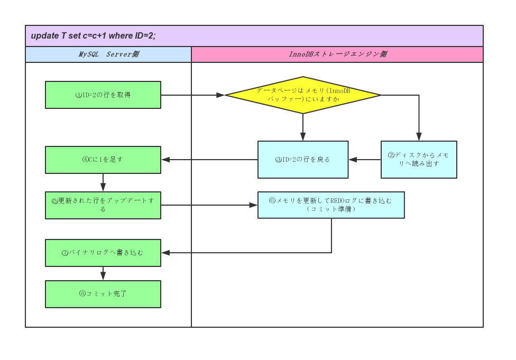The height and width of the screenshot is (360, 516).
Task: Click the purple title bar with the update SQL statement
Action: click(x=254, y=36)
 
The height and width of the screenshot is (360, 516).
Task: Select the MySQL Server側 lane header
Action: click(x=108, y=54)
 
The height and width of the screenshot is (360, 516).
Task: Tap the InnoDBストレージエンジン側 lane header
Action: click(x=337, y=54)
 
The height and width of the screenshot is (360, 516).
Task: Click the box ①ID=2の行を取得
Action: click(x=103, y=95)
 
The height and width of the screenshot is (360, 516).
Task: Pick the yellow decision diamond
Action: click(x=303, y=95)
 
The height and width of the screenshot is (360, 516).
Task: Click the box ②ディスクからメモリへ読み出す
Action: click(x=419, y=160)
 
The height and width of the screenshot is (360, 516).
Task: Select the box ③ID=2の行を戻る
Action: click(x=303, y=160)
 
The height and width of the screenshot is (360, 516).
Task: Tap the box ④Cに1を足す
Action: click(x=103, y=160)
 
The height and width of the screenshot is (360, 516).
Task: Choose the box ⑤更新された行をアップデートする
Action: click(x=103, y=205)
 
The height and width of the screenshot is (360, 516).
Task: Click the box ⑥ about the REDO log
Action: click(x=331, y=205)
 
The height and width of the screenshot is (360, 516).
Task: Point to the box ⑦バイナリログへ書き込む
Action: click(x=103, y=253)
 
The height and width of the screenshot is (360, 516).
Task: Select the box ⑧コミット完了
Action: click(x=103, y=294)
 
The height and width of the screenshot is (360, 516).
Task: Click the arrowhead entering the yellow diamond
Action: click(x=221, y=95)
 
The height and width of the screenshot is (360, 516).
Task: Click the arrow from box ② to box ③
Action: click(x=365, y=160)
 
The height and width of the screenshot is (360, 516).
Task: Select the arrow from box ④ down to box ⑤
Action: click(x=103, y=183)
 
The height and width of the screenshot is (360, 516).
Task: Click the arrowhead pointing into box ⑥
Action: click(x=254, y=205)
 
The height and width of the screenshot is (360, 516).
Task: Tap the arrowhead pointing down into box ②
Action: click(x=419, y=137)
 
